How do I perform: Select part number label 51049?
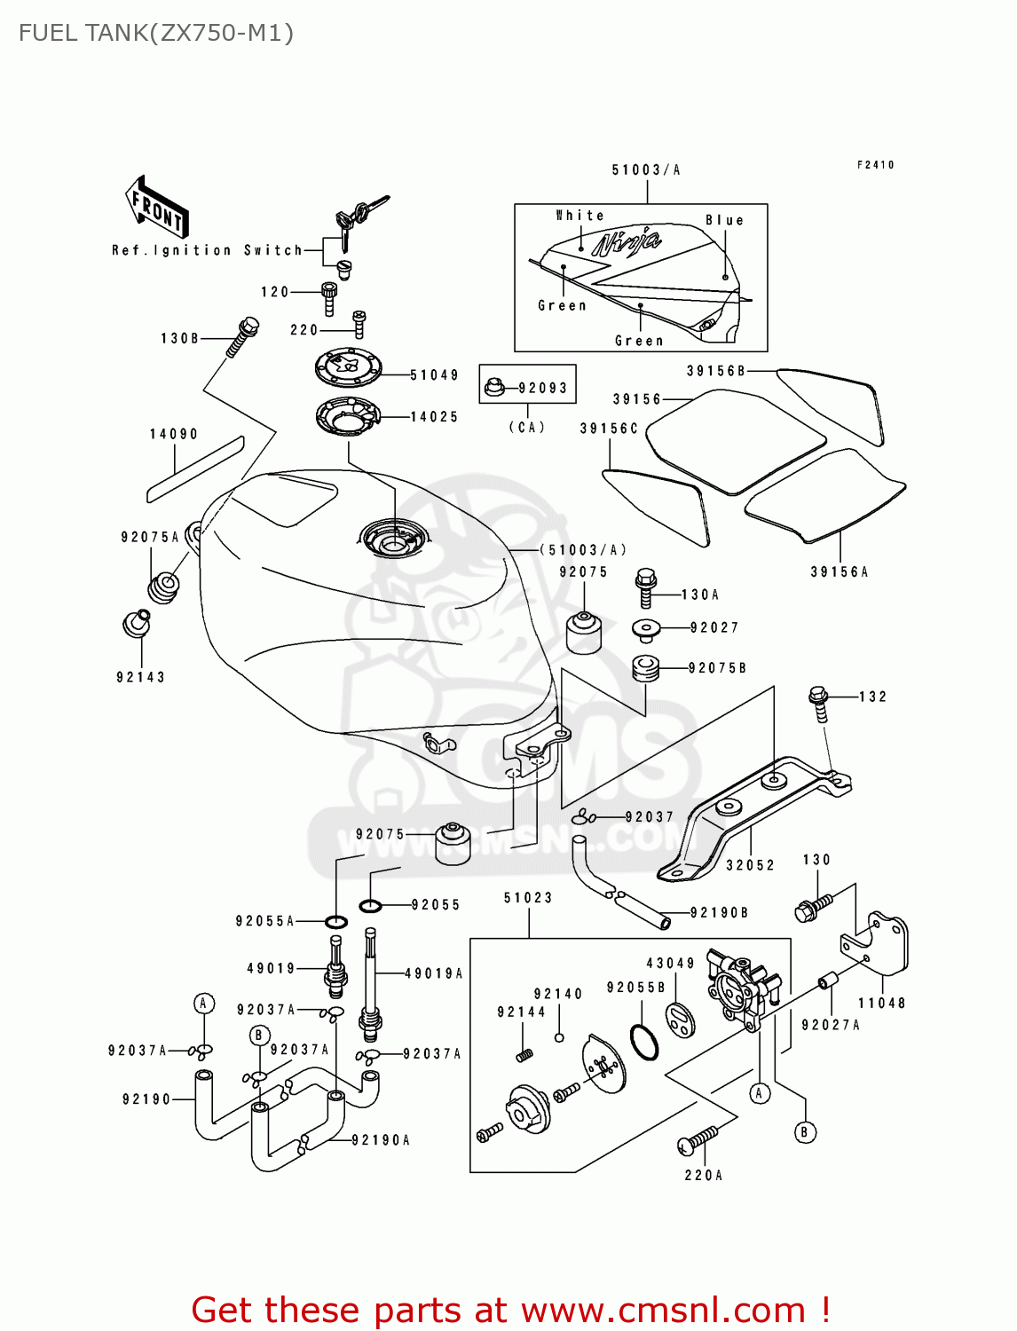click(x=434, y=375)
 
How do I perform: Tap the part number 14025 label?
click(x=434, y=416)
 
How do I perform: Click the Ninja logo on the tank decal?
click(x=627, y=242)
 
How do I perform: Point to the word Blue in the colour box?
click(x=724, y=220)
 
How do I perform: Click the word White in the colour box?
click(x=579, y=216)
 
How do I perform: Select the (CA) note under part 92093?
click(x=527, y=427)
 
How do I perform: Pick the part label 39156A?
click(x=839, y=572)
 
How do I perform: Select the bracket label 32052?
click(x=750, y=865)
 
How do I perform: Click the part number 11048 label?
click(x=881, y=1003)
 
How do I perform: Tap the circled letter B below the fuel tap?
click(x=805, y=1132)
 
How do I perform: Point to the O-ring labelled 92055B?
click(x=644, y=1042)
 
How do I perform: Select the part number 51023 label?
click(x=528, y=898)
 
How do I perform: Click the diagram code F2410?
click(x=875, y=165)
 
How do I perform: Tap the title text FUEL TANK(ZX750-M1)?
click(x=156, y=34)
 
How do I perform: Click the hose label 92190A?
click(x=381, y=1140)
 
